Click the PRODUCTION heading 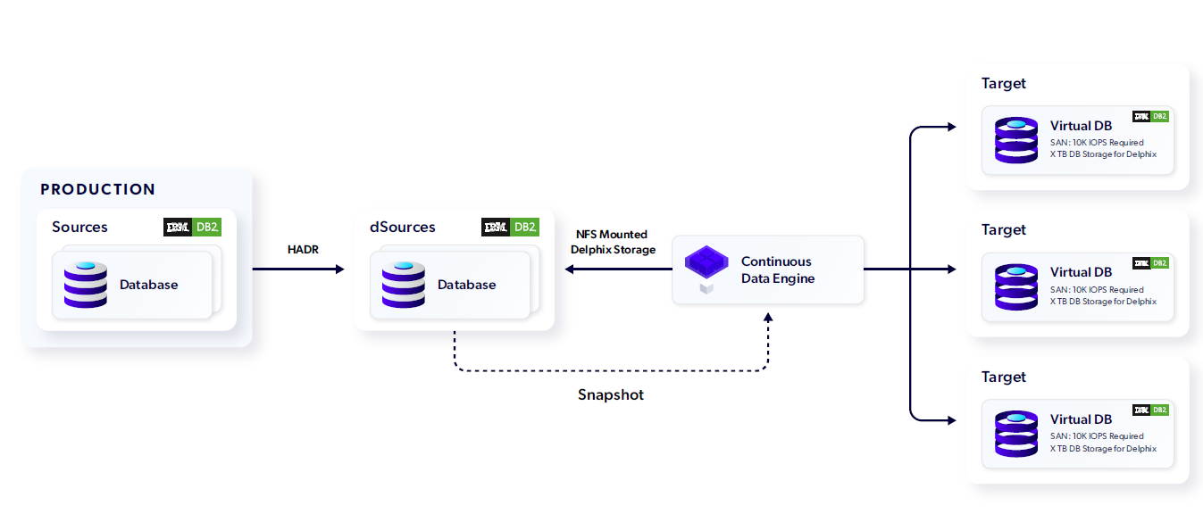click(97, 189)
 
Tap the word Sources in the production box click(79, 227)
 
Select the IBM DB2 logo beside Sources click(192, 228)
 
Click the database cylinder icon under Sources click(86, 285)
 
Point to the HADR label click(303, 250)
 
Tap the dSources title click(403, 227)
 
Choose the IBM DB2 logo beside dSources click(510, 228)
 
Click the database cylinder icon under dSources click(404, 285)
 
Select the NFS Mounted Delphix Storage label click(612, 242)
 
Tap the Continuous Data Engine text click(776, 269)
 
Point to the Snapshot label click(610, 394)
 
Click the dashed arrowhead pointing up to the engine click(768, 317)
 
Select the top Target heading click(1004, 83)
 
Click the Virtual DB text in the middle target click(1081, 272)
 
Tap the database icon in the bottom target click(1016, 434)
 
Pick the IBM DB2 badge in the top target click(1150, 116)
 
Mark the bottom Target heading click(1004, 377)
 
